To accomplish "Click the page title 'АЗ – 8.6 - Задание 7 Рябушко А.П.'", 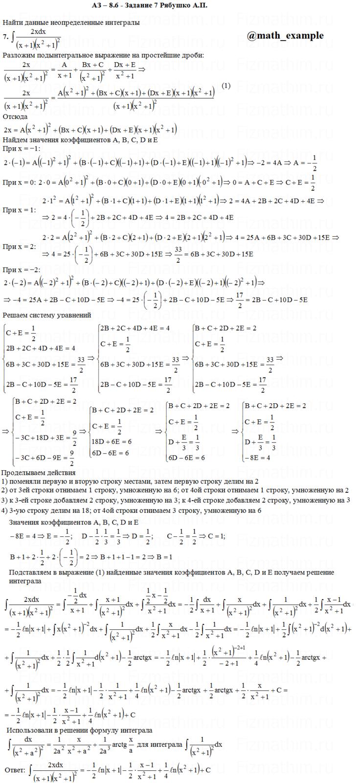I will point(150,5).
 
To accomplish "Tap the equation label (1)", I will point(225,86).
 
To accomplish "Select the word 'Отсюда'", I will point(15,117).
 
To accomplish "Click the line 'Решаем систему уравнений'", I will point(47,315).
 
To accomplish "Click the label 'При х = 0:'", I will point(19,182).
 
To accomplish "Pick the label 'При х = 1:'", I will point(19,210).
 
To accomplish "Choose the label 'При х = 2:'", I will point(19,247).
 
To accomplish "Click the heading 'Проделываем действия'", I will point(39,473).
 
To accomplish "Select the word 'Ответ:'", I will point(15,770).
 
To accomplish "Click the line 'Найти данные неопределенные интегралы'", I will point(71,22).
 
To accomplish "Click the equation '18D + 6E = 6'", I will point(112,441).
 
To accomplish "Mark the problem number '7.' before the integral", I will point(5,37).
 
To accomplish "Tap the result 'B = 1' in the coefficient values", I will point(161,557).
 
